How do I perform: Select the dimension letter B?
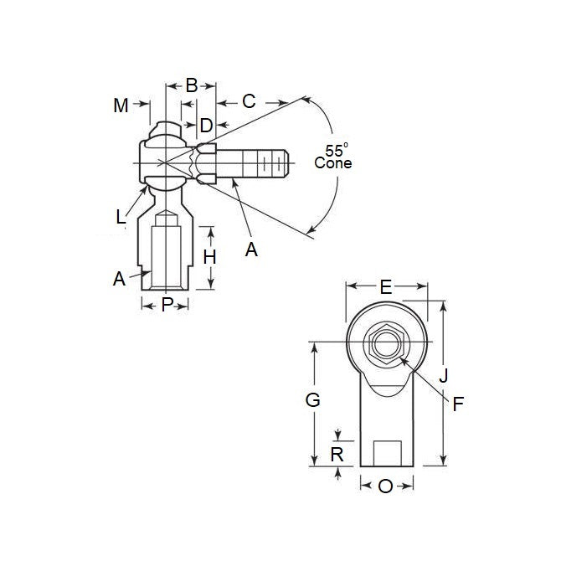pos(191,85)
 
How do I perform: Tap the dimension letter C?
pos(249,102)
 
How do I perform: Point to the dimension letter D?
pos(205,126)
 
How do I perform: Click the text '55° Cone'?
pos(333,157)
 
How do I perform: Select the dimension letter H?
pos(210,257)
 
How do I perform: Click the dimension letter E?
pos(386,287)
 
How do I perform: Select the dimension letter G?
pos(312,400)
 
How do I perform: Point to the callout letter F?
pos(458,404)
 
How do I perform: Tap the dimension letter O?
pos(385,486)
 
